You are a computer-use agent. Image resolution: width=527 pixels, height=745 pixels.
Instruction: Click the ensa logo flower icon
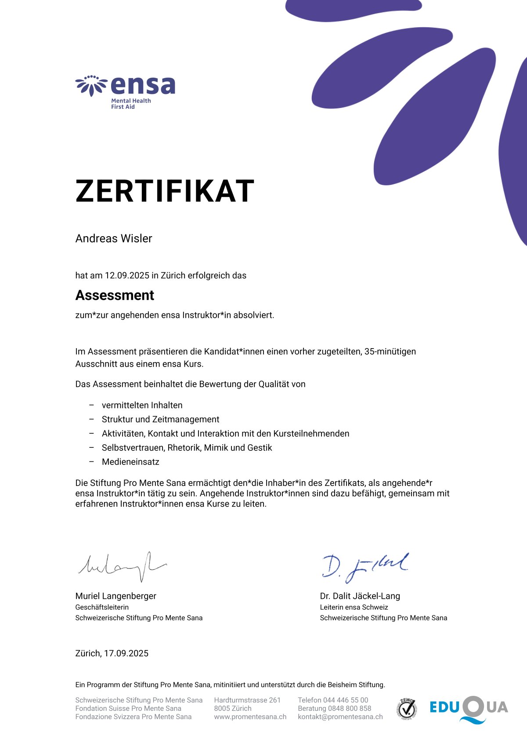(x=91, y=85)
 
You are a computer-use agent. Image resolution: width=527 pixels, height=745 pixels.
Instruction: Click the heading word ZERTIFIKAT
(x=165, y=191)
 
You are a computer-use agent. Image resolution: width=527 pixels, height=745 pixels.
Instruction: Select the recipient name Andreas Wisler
(x=114, y=238)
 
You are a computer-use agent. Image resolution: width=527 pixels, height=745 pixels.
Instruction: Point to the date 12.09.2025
(x=127, y=276)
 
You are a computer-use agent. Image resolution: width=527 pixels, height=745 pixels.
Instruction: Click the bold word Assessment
(x=115, y=295)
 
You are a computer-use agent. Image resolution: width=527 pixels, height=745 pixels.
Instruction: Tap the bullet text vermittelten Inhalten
(x=142, y=405)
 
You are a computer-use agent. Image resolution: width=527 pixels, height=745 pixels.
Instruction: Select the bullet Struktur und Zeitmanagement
(x=160, y=419)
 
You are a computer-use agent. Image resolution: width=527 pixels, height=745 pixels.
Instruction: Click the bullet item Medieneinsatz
(x=130, y=462)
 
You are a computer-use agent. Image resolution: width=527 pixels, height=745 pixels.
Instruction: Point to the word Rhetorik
(x=184, y=448)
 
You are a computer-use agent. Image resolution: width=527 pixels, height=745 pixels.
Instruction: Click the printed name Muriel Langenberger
(x=116, y=596)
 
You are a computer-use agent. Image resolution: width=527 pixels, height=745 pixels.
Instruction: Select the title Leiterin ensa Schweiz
(x=354, y=607)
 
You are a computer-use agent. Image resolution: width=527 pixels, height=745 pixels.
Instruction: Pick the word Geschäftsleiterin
(x=102, y=607)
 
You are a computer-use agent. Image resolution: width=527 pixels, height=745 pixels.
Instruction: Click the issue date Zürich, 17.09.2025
(x=112, y=653)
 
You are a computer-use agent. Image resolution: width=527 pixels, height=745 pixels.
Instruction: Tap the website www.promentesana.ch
(x=250, y=716)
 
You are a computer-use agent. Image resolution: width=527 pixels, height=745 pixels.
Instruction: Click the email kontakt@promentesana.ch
(x=340, y=716)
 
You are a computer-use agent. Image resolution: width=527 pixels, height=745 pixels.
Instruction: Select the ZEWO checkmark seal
(x=407, y=708)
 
